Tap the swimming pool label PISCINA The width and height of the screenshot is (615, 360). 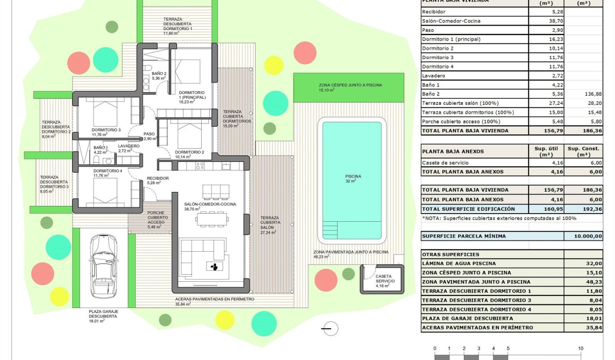pos(353,176)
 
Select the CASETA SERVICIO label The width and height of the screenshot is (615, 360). pos(385,278)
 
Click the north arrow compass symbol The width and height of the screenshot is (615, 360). pos(329,329)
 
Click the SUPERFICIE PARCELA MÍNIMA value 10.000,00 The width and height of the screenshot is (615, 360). pos(583,236)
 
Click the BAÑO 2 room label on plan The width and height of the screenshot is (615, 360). pos(159,74)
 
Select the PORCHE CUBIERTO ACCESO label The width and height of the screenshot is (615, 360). pos(157,220)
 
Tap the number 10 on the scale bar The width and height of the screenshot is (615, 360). pos(580,349)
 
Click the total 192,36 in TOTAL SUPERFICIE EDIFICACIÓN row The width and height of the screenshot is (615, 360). pos(583,209)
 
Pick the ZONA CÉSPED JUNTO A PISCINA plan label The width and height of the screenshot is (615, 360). pos(350,85)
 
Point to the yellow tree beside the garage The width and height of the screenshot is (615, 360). pos(60,296)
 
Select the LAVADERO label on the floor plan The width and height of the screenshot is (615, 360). pos(129,146)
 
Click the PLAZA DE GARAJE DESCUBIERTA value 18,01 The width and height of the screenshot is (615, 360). pos(583,319)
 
